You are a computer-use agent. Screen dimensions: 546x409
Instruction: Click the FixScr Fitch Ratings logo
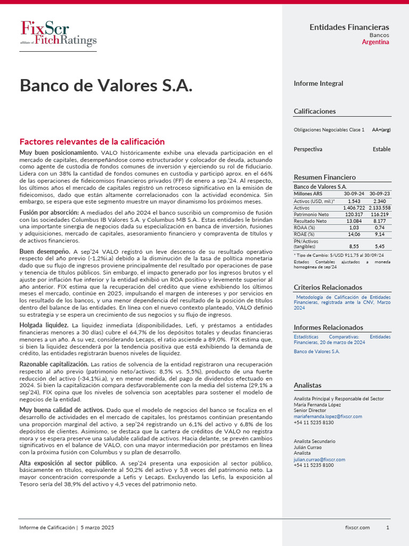pos(58,34)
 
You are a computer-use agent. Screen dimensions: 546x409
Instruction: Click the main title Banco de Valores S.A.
pos(106,85)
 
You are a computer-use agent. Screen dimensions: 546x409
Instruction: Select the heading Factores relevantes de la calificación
pos(92,141)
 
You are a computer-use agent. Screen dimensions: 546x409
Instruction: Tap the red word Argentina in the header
pos(375,42)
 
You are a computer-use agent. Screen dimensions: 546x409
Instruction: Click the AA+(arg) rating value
pos(381,130)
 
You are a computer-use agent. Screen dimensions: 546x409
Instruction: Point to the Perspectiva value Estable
pos(381,149)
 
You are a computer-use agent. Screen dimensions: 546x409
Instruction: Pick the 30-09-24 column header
pos(354,194)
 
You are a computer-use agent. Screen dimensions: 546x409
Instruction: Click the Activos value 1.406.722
pos(354,207)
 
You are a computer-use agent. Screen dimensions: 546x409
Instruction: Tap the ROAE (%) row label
pos(304,234)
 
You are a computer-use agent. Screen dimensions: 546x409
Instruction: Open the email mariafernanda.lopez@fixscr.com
pos(328,416)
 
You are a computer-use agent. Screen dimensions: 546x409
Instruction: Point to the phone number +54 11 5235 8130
pos(314,422)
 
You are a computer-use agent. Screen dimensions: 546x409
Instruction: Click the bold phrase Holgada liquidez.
pos(44,325)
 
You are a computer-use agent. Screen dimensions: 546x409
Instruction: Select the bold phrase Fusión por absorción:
pos(49,212)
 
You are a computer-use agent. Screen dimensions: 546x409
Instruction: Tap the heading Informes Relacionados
pos(328,327)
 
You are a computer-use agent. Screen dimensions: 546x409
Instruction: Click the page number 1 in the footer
pos(388,527)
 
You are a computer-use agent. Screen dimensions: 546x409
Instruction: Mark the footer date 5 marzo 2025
pos(97,527)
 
